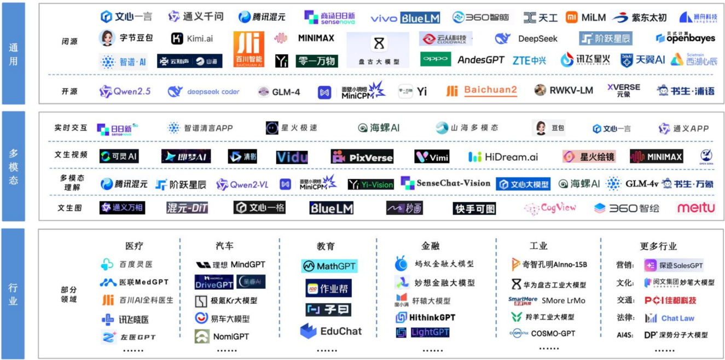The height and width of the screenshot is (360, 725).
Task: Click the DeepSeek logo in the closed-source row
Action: point(526,39)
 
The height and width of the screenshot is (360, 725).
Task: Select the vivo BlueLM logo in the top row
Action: point(405,18)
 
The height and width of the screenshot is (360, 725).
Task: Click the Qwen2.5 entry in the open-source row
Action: point(125,91)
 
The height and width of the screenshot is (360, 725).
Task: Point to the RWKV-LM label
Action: point(564,90)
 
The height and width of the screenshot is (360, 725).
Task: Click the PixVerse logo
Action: point(362,157)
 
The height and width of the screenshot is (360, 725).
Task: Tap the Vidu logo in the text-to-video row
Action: point(292,157)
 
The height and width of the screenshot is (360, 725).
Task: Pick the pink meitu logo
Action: point(696,208)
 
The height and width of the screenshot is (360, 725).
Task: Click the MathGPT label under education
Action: point(329,266)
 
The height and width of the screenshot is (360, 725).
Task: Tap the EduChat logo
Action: point(330,331)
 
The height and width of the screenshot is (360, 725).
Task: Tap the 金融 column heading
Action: point(430,246)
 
